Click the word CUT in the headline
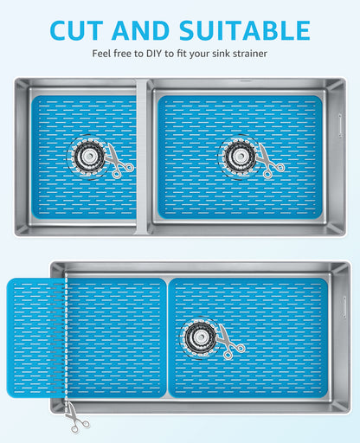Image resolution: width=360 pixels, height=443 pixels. (80, 30)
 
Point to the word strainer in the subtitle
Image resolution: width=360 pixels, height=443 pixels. (247, 54)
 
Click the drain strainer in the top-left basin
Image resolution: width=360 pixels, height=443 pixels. (87, 156)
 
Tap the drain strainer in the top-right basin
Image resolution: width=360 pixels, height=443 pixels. (236, 156)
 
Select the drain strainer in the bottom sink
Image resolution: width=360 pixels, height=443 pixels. (199, 335)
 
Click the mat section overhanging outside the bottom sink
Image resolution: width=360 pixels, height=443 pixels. (35, 337)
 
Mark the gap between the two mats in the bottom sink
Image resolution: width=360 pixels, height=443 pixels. (167, 337)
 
